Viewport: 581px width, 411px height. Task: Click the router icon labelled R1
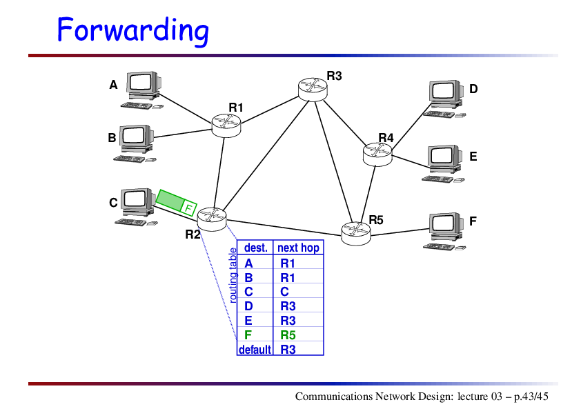[x=226, y=126]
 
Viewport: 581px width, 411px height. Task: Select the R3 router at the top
[x=313, y=89]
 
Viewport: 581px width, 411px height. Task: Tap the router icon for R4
[x=377, y=154]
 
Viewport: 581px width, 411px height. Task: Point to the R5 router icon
[x=356, y=233]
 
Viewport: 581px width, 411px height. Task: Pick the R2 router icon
[x=212, y=219]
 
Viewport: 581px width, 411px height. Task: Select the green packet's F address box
[x=188, y=209]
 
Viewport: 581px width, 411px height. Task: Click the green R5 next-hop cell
[x=288, y=335]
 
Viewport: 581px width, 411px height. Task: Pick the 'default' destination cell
[x=255, y=350]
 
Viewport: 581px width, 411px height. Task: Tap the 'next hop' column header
[x=298, y=248]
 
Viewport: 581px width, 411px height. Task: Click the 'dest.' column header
[x=256, y=248]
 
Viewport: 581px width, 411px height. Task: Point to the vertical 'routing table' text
[x=233, y=275]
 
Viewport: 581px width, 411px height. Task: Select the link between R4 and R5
[x=368, y=194]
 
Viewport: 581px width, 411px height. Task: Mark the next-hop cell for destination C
[x=284, y=292]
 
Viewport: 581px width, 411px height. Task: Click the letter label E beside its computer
[x=473, y=157]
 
